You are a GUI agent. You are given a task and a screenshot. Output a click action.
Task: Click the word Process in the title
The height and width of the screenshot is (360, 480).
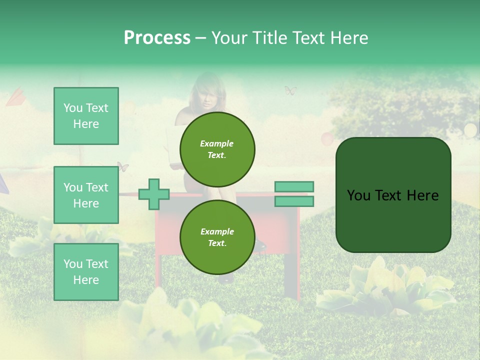coord(157,38)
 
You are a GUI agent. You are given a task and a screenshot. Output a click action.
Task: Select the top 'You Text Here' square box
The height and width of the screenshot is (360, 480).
coord(86,116)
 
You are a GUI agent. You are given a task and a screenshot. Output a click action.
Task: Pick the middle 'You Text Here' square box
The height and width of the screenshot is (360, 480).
coord(86,195)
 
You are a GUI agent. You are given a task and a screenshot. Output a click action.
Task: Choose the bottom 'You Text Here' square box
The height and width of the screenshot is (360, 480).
coord(86,271)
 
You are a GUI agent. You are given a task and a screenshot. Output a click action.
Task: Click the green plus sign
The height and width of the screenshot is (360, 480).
coord(154,194)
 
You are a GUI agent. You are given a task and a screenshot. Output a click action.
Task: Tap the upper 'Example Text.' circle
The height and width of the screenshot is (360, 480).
coord(217,149)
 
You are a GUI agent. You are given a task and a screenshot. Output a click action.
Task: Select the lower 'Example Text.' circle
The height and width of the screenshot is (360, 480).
coord(217,237)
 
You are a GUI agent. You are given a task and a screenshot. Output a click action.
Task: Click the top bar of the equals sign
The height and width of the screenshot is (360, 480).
coord(294,187)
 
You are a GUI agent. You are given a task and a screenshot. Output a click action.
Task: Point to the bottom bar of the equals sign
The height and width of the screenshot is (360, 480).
coord(294,201)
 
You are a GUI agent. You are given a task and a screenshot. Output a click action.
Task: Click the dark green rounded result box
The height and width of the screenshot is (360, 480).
coord(393,195)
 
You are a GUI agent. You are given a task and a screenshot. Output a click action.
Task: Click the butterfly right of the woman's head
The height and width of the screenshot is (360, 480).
coord(290,90)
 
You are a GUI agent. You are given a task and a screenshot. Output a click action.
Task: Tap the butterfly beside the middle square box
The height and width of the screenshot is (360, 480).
coord(123,166)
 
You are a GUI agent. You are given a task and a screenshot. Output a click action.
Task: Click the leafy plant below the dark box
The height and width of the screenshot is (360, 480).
coord(385,285)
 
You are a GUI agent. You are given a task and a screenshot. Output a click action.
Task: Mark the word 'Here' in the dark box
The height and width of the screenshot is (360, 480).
coord(422,195)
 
